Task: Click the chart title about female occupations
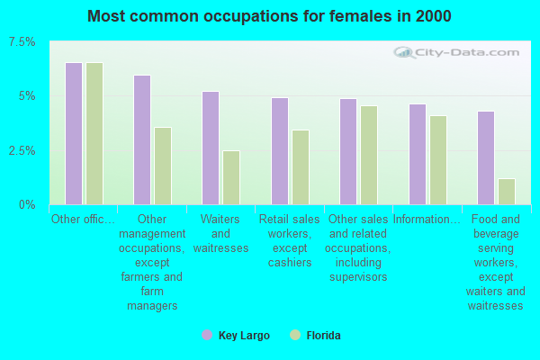coord(270,16)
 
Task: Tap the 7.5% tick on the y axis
coord(22,42)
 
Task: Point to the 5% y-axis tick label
coord(27,96)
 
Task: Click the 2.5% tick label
coord(22,150)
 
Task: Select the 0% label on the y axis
coord(27,204)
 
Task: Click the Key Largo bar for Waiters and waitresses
coord(211,148)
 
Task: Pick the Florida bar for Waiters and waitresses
coord(231,177)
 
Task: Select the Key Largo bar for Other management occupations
coord(142,139)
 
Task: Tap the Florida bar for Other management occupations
coord(163,166)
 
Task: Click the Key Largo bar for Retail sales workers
coord(280,151)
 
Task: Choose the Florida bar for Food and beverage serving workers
coord(507,191)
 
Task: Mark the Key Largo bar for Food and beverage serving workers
coord(486,157)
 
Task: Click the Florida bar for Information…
coord(438,159)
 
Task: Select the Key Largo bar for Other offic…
coord(74,133)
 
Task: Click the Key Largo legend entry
coord(236,336)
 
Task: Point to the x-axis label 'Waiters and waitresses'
coord(220,233)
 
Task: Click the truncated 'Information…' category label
coord(427,219)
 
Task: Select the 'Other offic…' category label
coord(84,219)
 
